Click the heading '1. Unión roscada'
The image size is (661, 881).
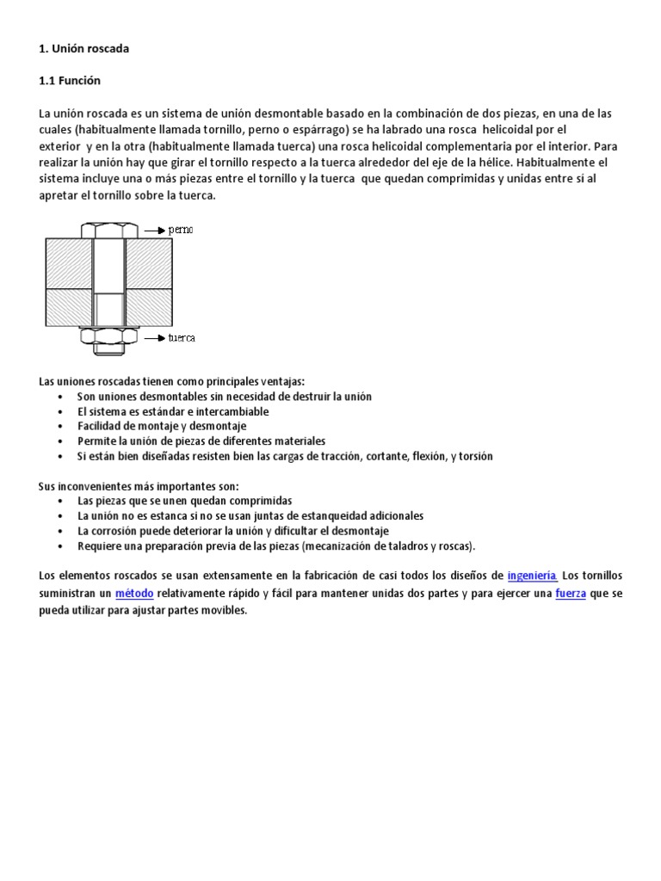(x=83, y=49)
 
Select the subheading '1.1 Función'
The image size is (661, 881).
(x=70, y=81)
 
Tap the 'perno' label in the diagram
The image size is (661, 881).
(x=181, y=231)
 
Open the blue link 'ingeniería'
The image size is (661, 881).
(x=532, y=576)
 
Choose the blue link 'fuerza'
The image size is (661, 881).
(x=571, y=594)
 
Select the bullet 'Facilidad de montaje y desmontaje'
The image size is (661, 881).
(x=162, y=426)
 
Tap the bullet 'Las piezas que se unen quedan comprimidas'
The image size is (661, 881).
(x=184, y=500)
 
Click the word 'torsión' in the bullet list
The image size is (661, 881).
(x=475, y=456)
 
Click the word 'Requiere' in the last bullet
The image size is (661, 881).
(x=97, y=545)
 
